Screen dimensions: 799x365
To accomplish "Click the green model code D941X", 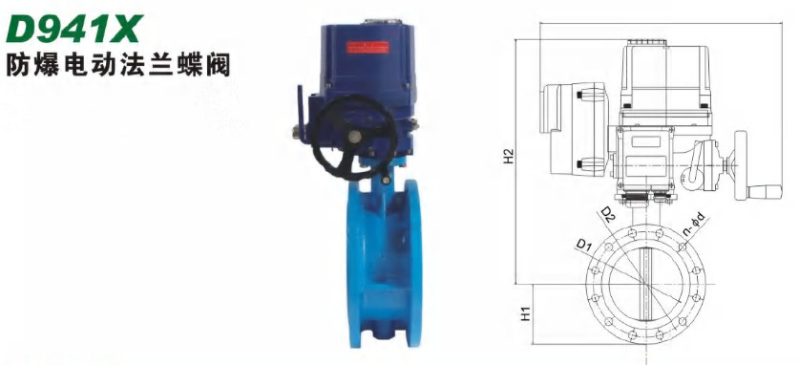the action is (x=74, y=30).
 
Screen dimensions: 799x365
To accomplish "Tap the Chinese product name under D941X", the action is (x=118, y=66).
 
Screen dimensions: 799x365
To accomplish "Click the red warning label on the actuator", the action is (x=367, y=47).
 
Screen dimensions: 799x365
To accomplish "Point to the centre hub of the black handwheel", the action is (x=355, y=136).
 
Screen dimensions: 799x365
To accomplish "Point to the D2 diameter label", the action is (x=608, y=215).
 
